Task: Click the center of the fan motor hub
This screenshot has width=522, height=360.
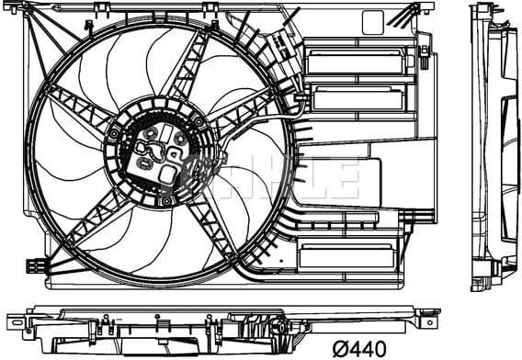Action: tap(159, 156)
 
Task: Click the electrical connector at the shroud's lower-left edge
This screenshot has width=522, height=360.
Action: tap(38, 265)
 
